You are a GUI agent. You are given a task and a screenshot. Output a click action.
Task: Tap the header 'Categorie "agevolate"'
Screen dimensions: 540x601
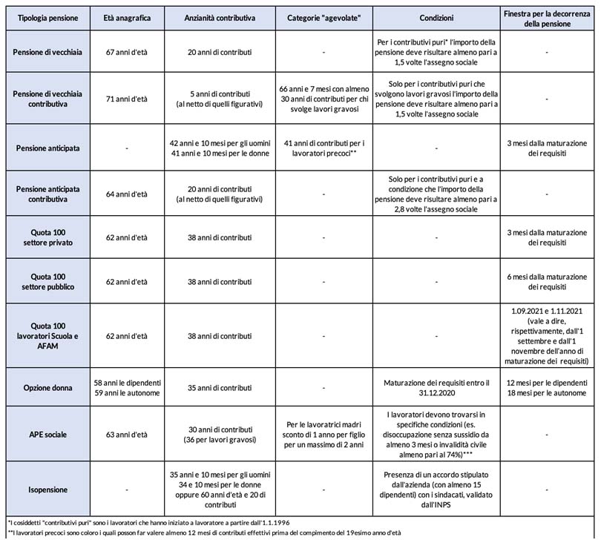pos(323,17)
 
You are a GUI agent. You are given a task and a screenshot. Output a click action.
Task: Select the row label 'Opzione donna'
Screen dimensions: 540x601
pos(46,387)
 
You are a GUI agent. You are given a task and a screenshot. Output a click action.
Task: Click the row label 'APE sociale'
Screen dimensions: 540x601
pos(46,434)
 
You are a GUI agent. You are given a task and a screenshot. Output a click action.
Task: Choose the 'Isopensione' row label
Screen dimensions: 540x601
pos(46,490)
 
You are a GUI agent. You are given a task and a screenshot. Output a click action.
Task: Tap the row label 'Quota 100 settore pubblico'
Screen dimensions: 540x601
pos(46,282)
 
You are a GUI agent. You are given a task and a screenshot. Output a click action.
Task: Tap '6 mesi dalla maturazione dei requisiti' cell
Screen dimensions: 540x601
pos(547,282)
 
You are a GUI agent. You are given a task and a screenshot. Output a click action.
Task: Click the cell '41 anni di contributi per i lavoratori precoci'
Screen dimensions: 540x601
pos(323,148)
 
